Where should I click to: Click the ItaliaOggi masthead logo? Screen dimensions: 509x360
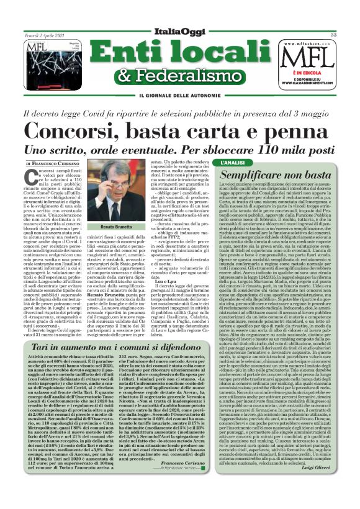coord(181,33)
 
